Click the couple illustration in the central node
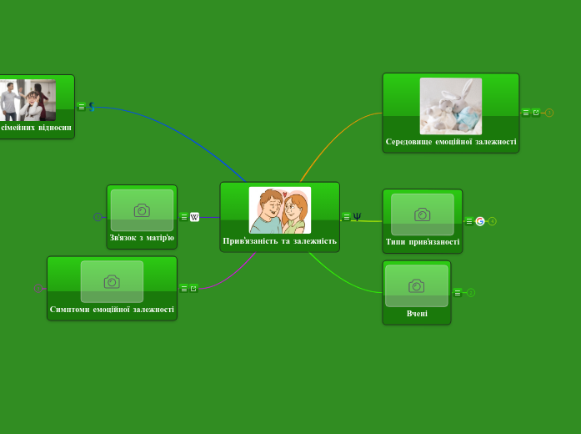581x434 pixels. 280,209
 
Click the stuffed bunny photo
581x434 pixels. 451,106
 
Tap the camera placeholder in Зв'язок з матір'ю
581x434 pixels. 142,210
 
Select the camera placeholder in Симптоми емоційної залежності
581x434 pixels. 112,281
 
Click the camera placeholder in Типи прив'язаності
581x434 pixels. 423,214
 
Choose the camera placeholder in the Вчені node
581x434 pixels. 417,285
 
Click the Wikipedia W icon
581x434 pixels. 195,217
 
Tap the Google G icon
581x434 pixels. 480,221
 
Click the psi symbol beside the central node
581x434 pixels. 357,217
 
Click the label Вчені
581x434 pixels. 417,314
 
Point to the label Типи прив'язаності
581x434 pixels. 423,242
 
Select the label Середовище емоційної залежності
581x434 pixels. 451,142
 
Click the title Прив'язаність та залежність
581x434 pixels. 280,241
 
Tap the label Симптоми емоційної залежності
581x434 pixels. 112,310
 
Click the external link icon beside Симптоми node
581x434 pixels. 193,289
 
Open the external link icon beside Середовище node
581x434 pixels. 536,113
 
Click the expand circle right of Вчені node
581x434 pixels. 471,293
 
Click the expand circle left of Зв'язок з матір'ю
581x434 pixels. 98,217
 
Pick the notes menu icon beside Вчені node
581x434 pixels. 458,293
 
